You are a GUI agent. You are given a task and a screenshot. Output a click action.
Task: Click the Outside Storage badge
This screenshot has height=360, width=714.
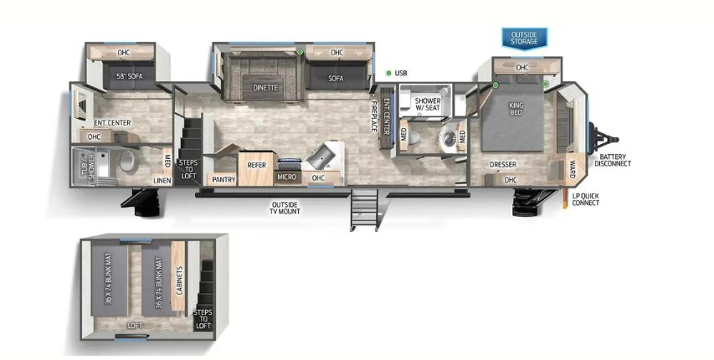tap(524, 38)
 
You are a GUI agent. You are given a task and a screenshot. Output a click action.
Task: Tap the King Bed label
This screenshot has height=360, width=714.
tap(515, 111)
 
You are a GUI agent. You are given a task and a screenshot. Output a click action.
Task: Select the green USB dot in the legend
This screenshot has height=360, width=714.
tap(388, 74)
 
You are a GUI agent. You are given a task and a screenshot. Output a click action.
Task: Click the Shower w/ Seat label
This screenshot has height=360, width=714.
tap(427, 104)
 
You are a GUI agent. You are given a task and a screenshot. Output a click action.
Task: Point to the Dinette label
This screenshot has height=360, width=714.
tap(266, 87)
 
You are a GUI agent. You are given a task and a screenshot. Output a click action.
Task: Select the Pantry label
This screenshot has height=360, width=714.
tap(223, 178)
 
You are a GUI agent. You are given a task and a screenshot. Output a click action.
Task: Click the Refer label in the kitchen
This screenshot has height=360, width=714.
tap(257, 165)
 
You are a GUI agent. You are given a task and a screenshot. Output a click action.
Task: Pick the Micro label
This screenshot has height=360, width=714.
tap(286, 177)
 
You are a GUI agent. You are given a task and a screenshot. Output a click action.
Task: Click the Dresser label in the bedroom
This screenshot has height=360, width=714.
tap(502, 165)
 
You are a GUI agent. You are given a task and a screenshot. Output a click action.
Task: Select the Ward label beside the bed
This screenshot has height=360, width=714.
tap(573, 165)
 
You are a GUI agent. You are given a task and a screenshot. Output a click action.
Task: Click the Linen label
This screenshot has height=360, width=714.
tap(162, 179)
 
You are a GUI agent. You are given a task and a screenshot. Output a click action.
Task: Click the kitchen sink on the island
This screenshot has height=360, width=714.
tap(321, 156)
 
